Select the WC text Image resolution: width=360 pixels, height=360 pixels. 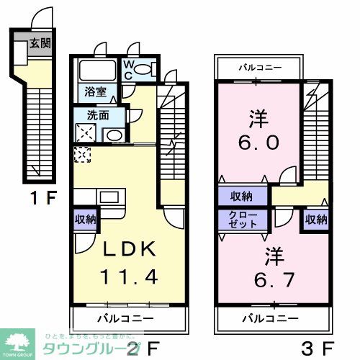(x=127, y=70)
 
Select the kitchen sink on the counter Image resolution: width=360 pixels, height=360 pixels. (x=109, y=197)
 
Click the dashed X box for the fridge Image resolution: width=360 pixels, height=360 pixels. (x=81, y=155)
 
